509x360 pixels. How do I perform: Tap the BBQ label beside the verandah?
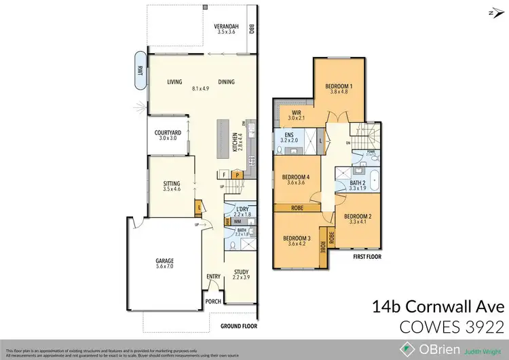pyautogui.click(x=251, y=29)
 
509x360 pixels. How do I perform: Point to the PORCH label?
pyautogui.click(x=214, y=300)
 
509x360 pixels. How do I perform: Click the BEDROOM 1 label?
pyautogui.click(x=337, y=86)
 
